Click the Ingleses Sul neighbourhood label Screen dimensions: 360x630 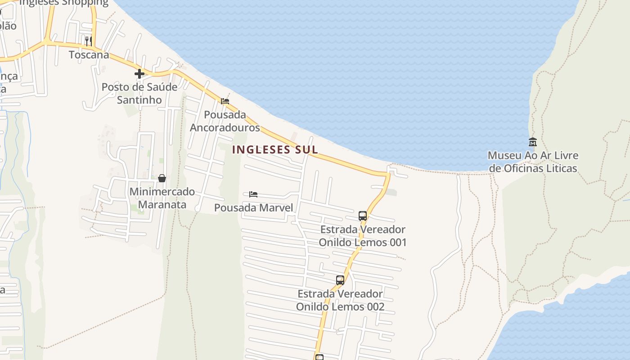click(x=275, y=149)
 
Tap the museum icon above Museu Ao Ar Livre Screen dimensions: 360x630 click(x=533, y=142)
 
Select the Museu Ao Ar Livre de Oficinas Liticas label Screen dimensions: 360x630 click(x=533, y=162)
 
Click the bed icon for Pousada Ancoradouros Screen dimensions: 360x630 click(x=225, y=101)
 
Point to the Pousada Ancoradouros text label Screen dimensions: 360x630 click(x=225, y=121)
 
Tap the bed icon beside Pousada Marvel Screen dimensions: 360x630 click(x=253, y=194)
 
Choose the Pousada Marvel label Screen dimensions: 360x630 click(x=253, y=207)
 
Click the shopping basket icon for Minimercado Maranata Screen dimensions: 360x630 click(x=162, y=178)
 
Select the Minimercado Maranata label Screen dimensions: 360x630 click(x=162, y=198)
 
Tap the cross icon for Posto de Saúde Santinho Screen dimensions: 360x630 click(x=139, y=73)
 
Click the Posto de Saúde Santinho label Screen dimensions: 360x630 click(x=139, y=93)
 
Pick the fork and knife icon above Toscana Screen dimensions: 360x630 click(x=89, y=41)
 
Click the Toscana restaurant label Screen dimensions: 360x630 click(x=89, y=55)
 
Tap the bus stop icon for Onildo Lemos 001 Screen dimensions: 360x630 click(x=363, y=216)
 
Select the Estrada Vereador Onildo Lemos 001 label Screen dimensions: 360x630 click(x=363, y=236)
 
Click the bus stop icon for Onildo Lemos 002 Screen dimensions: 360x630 click(x=340, y=280)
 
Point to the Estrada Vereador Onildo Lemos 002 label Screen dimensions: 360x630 click(x=340, y=300)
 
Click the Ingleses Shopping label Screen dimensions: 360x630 click(x=64, y=3)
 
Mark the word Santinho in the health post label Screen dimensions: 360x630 click(x=139, y=100)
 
